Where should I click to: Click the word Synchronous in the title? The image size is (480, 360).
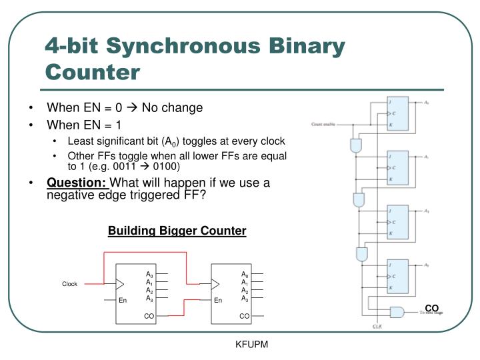tap(225, 46)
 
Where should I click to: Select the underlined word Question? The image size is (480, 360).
tap(77, 183)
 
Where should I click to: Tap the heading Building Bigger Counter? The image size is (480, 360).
tap(177, 231)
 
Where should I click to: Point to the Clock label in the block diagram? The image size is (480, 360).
tap(70, 284)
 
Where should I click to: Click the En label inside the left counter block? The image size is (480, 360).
tap(123, 301)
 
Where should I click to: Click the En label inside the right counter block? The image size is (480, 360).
tap(218, 301)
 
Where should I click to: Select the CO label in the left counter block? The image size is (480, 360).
tap(149, 316)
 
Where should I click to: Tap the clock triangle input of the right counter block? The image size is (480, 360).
tap(215, 284)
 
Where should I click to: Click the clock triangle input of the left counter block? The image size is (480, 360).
tap(120, 284)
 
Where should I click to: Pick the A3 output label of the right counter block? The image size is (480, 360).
tap(245, 299)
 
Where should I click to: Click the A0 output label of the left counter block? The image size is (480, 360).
tap(149, 274)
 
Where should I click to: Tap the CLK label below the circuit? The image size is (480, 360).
tap(377, 326)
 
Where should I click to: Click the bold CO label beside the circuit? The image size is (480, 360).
tap(431, 307)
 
